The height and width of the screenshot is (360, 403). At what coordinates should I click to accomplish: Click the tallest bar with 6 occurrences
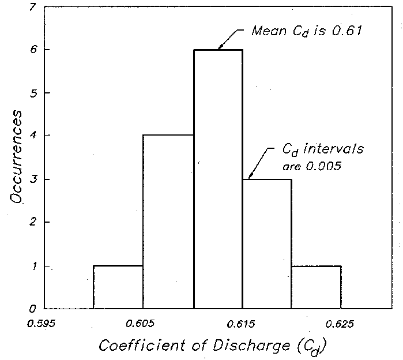tap(218, 179)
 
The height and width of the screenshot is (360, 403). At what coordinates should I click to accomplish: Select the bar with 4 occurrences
tap(168, 222)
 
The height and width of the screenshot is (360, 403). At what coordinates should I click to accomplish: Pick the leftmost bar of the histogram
tap(118, 287)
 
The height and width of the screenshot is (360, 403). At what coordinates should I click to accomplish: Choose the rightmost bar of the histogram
tap(317, 287)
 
